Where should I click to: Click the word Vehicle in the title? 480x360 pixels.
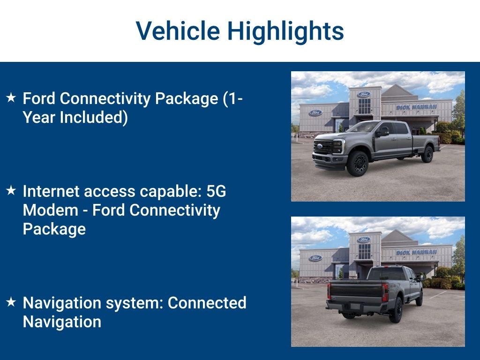(178, 30)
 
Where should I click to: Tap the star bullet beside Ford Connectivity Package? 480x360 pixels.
(11, 97)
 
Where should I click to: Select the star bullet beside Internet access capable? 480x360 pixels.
(11, 190)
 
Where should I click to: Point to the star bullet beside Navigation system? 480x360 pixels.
(11, 302)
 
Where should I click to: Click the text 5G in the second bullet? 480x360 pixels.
(216, 191)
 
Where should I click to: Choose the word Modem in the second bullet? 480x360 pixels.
(51, 210)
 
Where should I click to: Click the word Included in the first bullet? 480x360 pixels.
(94, 118)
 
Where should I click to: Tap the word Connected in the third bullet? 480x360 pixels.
(207, 303)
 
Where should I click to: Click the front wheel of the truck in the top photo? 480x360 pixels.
(358, 164)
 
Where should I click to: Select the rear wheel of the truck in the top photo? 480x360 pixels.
(427, 154)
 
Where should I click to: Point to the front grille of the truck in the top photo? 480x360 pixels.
(323, 147)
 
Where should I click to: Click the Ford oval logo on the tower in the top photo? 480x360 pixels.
(364, 94)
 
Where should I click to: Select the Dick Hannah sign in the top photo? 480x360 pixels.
(416, 107)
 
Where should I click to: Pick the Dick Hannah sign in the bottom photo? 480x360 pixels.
(416, 253)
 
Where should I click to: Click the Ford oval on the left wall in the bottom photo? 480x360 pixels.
(315, 258)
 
